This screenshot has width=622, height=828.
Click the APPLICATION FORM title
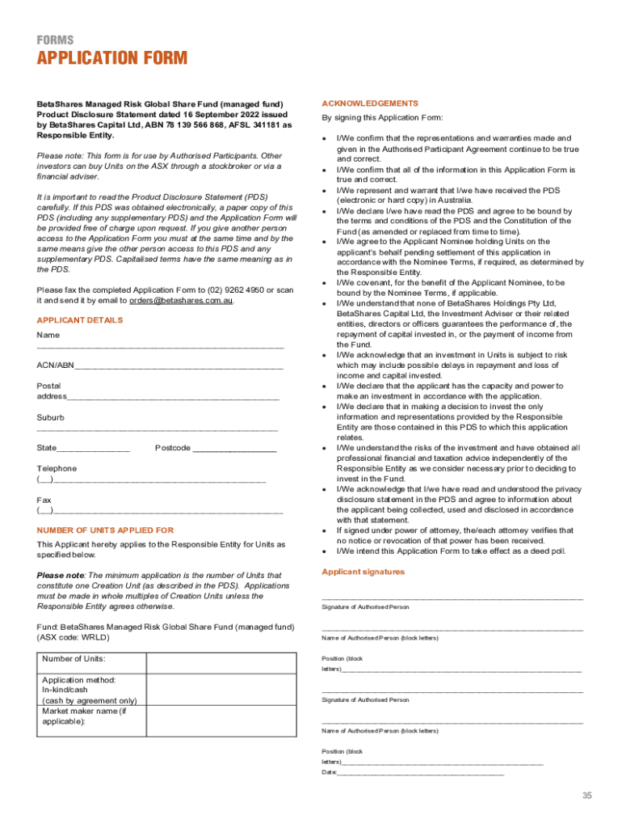(x=111, y=58)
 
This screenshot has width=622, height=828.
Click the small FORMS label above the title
(x=54, y=40)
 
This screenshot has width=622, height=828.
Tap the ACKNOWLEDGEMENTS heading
(x=359, y=103)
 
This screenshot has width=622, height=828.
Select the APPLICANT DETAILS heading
(x=79, y=320)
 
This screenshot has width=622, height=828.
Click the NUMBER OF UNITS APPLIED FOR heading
(x=105, y=530)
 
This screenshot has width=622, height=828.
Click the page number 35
(x=588, y=796)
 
